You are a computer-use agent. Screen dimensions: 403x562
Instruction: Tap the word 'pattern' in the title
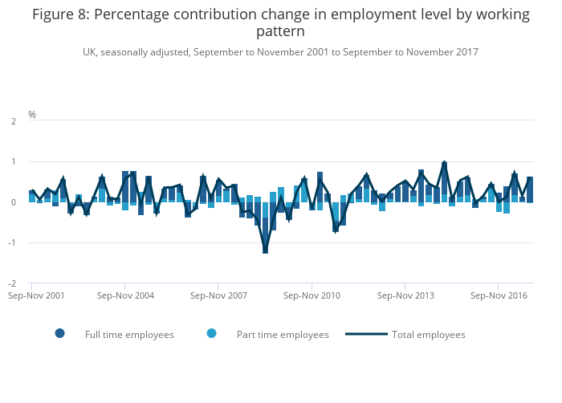[x=281, y=32]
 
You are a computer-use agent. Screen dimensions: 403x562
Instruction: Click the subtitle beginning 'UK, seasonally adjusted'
[x=280, y=52]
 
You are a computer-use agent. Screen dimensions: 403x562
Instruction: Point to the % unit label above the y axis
[x=32, y=115]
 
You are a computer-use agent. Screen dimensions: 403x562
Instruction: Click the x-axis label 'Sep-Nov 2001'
[x=31, y=295]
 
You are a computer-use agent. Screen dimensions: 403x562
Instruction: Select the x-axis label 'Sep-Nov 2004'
[x=124, y=295]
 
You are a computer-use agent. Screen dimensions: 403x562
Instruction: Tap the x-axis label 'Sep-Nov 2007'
[x=218, y=295]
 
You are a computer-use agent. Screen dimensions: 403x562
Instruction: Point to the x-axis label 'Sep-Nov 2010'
[x=312, y=295]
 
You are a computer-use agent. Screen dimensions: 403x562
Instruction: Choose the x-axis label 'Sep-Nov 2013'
[x=405, y=295]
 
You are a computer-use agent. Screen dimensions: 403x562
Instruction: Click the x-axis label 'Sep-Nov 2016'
[x=499, y=295]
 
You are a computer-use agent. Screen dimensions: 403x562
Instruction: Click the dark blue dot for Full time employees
[x=60, y=334]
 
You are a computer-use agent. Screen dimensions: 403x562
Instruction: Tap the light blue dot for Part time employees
[x=212, y=334]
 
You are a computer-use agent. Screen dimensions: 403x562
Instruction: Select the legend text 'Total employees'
[x=429, y=335]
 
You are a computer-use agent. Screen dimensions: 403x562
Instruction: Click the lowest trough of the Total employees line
[x=265, y=252]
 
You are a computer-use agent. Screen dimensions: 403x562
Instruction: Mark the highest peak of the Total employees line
[x=444, y=163]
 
